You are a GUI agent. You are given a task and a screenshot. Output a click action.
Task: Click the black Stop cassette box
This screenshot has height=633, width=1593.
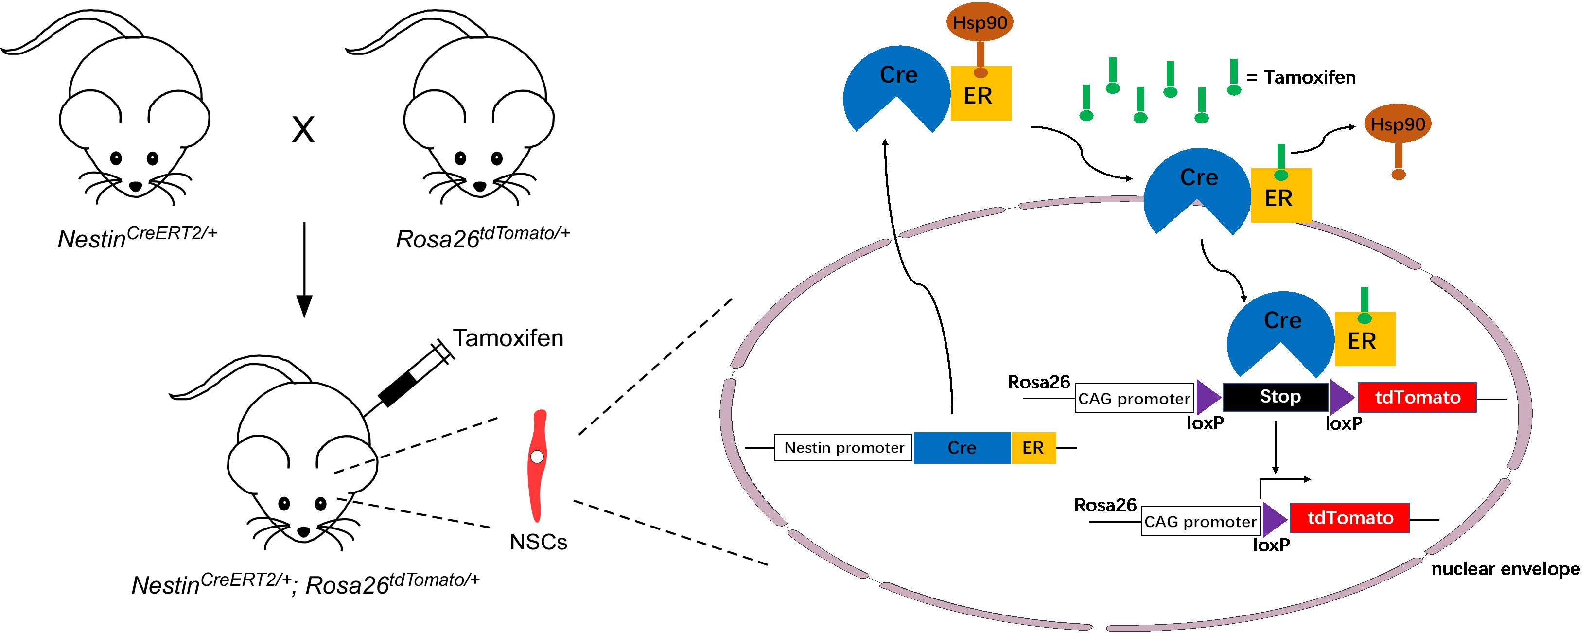(x=1275, y=397)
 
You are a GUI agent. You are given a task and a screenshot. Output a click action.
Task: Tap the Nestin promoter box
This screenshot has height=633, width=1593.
(x=843, y=447)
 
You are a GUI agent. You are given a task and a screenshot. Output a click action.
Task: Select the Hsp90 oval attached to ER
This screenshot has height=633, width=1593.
(x=980, y=22)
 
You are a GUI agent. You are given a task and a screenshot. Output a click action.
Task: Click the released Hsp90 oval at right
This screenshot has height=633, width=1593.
(x=1397, y=124)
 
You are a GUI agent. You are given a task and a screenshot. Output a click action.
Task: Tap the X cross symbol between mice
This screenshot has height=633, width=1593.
(x=303, y=130)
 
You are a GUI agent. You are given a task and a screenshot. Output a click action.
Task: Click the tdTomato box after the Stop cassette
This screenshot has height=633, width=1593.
(x=1417, y=397)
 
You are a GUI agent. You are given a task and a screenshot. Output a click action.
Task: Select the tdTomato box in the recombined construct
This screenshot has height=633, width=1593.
(x=1349, y=518)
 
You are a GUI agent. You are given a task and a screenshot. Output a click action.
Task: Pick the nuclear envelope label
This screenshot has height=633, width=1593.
(x=1505, y=569)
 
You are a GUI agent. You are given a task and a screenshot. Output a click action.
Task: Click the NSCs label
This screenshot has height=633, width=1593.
(x=538, y=542)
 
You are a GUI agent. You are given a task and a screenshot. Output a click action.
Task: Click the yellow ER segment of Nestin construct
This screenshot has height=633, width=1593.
(x=1033, y=447)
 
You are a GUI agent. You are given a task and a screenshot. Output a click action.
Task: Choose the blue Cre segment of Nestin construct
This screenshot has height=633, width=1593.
(x=962, y=447)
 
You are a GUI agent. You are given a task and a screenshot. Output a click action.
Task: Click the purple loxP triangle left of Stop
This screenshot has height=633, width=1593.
(x=1207, y=397)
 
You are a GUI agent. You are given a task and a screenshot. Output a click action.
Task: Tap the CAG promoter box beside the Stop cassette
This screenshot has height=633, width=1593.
(x=1134, y=399)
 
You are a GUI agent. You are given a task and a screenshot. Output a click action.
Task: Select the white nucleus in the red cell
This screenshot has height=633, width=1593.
(x=537, y=457)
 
